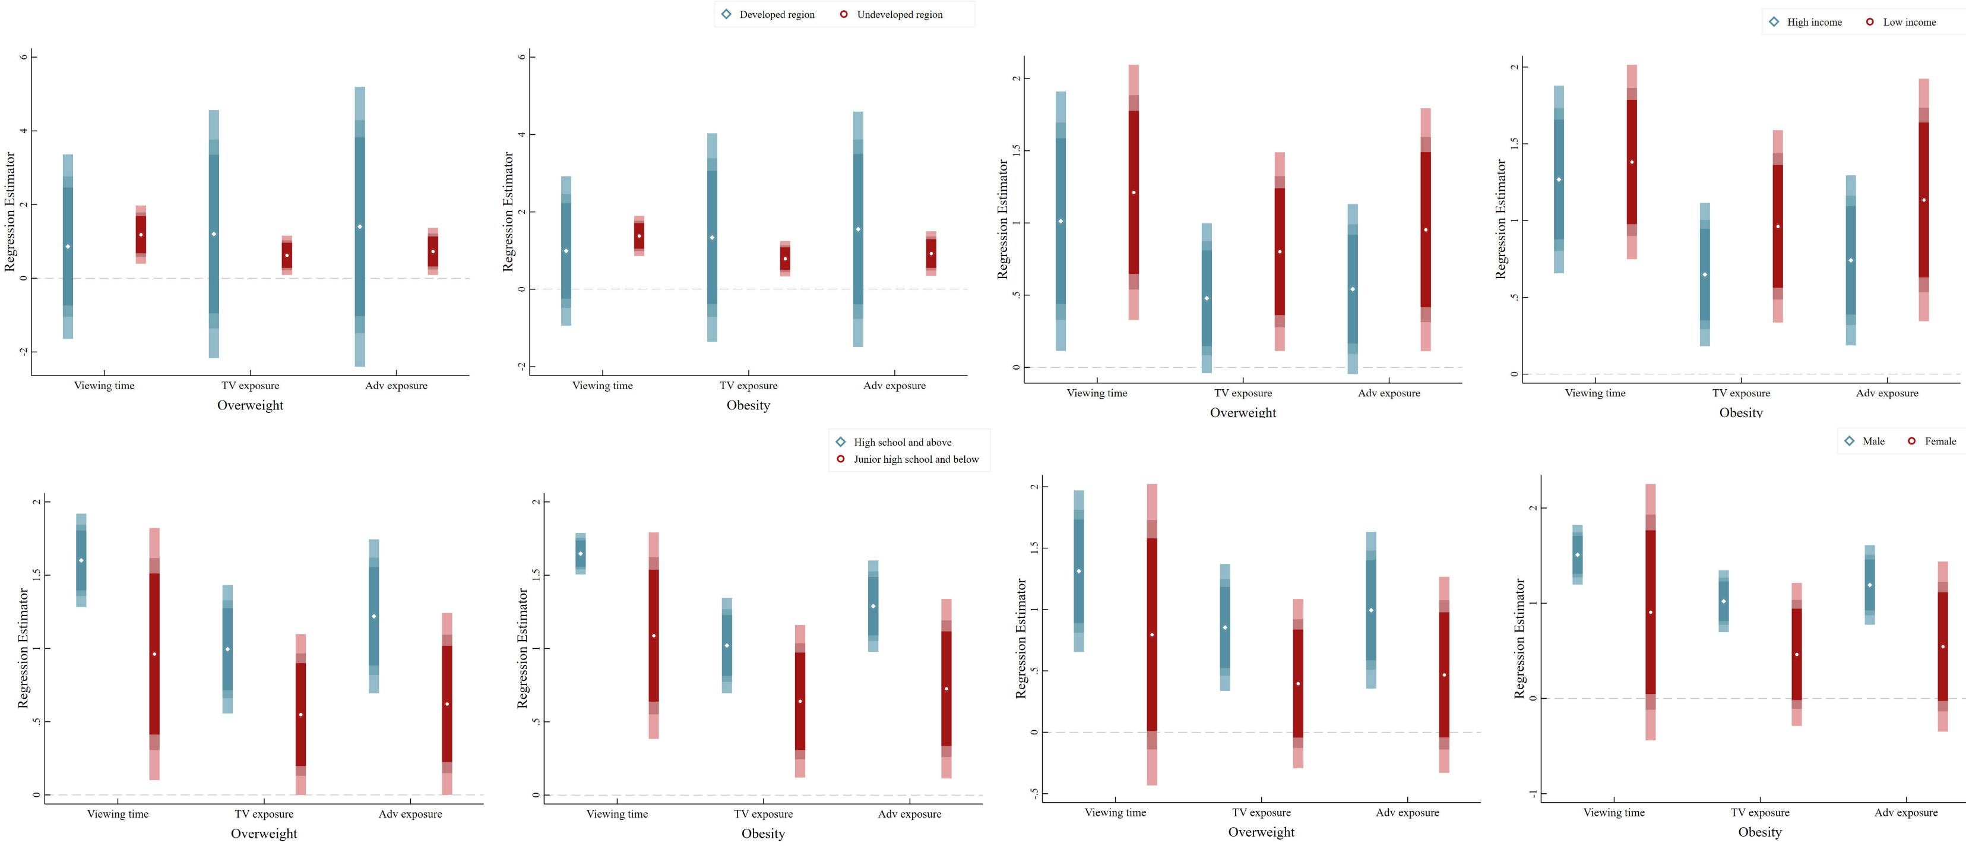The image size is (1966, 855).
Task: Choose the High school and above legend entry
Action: coord(901,442)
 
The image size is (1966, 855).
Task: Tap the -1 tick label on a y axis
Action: coord(1533,794)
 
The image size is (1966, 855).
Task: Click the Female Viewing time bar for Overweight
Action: coord(1152,633)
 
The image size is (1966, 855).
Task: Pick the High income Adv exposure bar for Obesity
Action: coord(1851,260)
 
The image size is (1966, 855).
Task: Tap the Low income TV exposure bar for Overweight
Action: coord(1280,251)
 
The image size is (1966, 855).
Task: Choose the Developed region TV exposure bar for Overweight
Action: coord(214,234)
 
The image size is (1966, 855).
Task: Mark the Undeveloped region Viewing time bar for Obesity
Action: coord(639,236)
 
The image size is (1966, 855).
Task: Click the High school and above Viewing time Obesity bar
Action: coord(581,553)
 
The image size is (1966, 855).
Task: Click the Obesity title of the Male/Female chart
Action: coord(1759,832)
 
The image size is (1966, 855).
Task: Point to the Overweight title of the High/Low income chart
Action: coord(1243,412)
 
